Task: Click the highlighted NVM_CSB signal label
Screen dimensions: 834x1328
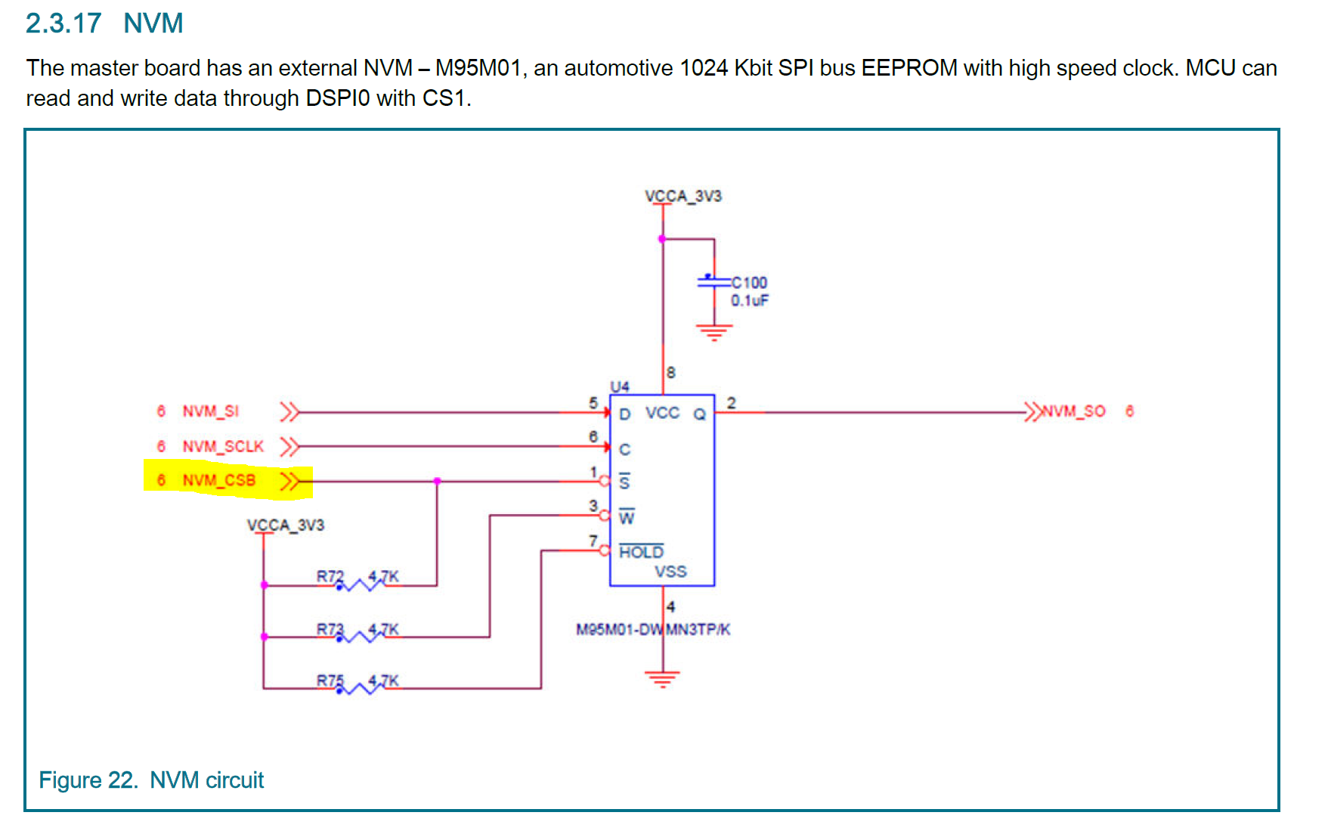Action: pos(218,480)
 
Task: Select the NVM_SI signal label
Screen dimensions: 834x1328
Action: pos(210,411)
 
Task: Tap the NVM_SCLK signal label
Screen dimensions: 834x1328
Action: pos(223,446)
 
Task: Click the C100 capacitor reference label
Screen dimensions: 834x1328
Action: pos(749,283)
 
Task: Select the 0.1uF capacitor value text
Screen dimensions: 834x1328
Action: pos(749,300)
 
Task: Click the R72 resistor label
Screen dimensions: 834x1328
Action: pos(330,576)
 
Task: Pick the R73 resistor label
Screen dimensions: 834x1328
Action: pos(330,629)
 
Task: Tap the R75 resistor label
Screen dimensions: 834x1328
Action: pos(330,681)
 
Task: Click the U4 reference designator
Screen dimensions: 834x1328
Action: pos(620,386)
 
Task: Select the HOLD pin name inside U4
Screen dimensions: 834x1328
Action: pos(641,552)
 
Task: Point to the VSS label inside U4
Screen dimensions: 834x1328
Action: pos(670,572)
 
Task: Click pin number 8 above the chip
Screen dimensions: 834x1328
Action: pos(671,373)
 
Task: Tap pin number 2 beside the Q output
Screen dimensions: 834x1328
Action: pos(731,403)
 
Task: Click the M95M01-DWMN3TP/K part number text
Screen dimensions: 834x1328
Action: pos(653,630)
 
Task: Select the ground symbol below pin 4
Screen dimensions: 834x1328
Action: pos(662,678)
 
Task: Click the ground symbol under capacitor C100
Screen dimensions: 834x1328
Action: pos(714,332)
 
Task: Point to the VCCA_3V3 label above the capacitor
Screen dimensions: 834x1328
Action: pos(683,196)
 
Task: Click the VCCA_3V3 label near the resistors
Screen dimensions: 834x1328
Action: pos(285,525)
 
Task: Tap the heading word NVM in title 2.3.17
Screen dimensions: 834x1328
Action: pos(153,23)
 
